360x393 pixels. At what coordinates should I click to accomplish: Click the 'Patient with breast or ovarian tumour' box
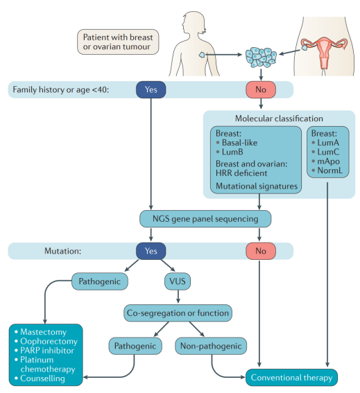pyautogui.click(x=118, y=42)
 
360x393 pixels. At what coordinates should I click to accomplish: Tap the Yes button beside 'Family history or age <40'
pyautogui.click(x=151, y=89)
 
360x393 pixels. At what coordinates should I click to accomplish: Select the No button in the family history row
pyautogui.click(x=261, y=89)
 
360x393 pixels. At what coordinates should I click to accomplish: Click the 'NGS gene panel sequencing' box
pyautogui.click(x=205, y=219)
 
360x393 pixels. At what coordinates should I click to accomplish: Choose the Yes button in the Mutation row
pyautogui.click(x=151, y=251)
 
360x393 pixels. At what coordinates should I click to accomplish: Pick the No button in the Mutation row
pyautogui.click(x=261, y=251)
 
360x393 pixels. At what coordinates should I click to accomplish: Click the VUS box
pyautogui.click(x=178, y=281)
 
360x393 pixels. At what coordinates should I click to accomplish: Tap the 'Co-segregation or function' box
pyautogui.click(x=178, y=313)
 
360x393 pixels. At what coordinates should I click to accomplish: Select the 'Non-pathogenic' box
pyautogui.click(x=211, y=346)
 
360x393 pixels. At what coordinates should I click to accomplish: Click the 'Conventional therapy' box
pyautogui.click(x=291, y=378)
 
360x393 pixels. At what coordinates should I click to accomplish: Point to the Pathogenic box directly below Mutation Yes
pyautogui.click(x=100, y=281)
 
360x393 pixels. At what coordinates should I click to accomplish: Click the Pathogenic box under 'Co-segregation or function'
pyautogui.click(x=135, y=346)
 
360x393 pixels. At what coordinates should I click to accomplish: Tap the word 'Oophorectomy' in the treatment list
pyautogui.click(x=49, y=341)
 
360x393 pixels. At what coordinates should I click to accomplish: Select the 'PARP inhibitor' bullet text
pyautogui.click(x=47, y=351)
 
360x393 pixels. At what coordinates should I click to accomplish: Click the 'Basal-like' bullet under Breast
pyautogui.click(x=239, y=143)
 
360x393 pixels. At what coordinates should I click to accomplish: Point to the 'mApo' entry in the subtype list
pyautogui.click(x=328, y=161)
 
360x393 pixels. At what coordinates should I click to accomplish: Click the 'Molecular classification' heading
pyautogui.click(x=279, y=119)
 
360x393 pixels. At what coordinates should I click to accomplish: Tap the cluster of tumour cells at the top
pyautogui.click(x=261, y=58)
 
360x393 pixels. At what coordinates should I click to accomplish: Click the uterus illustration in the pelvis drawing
pyautogui.click(x=324, y=53)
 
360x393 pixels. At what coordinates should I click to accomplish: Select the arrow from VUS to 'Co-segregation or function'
pyautogui.click(x=178, y=297)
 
